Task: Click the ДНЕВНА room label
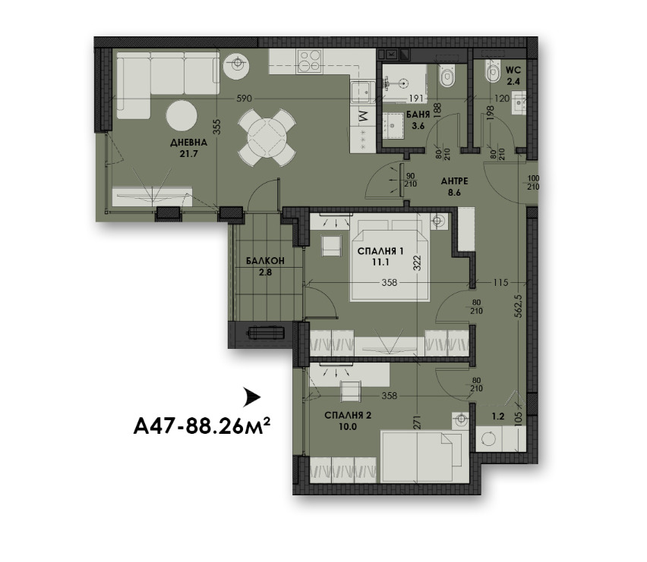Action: click(x=188, y=143)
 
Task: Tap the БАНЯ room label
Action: click(x=418, y=115)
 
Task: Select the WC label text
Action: click(x=513, y=70)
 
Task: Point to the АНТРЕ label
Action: click(x=454, y=181)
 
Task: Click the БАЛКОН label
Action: click(x=265, y=261)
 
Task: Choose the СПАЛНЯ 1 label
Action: click(x=380, y=251)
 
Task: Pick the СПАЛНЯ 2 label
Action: click(x=348, y=416)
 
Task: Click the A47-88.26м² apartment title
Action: click(x=202, y=425)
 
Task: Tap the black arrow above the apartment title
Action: click(x=251, y=397)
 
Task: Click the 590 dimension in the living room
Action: click(x=244, y=99)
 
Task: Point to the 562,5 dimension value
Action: click(x=519, y=306)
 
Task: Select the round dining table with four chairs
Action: click(x=267, y=137)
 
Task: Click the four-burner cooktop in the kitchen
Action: click(x=310, y=61)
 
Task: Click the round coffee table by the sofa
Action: click(x=181, y=115)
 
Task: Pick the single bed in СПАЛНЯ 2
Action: click(x=424, y=456)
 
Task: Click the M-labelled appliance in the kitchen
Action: click(x=363, y=116)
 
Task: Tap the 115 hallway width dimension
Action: click(x=500, y=283)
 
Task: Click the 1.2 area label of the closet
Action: click(x=498, y=416)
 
